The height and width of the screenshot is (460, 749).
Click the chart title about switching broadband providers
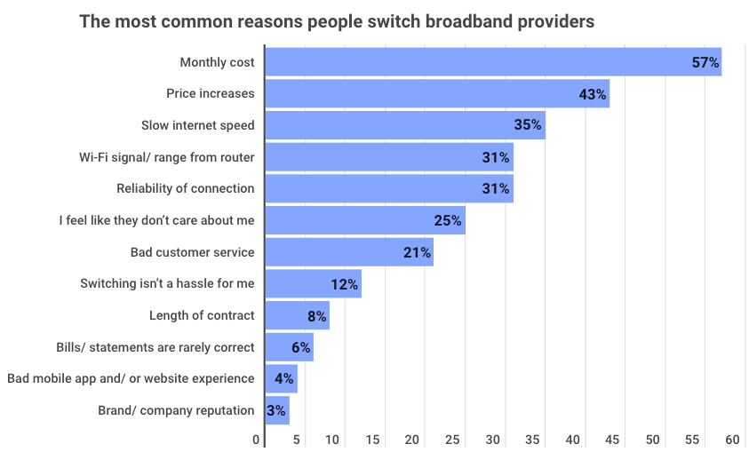click(x=337, y=21)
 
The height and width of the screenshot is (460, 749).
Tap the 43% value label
click(x=592, y=94)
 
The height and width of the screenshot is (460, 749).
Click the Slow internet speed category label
click(x=198, y=125)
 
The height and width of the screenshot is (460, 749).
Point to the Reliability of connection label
click(x=186, y=188)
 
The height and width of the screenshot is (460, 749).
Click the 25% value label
click(x=448, y=220)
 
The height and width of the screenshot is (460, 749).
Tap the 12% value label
click(x=344, y=284)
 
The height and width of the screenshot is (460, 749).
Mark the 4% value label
click(x=284, y=379)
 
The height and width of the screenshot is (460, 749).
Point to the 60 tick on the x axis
click(x=732, y=440)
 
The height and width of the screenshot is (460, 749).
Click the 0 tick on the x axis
click(x=257, y=440)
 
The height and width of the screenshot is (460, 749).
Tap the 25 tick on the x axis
click(x=452, y=440)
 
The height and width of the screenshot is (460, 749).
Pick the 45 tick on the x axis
click(x=612, y=440)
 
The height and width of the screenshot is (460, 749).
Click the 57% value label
click(x=705, y=62)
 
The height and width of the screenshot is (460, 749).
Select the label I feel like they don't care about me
click(x=156, y=220)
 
